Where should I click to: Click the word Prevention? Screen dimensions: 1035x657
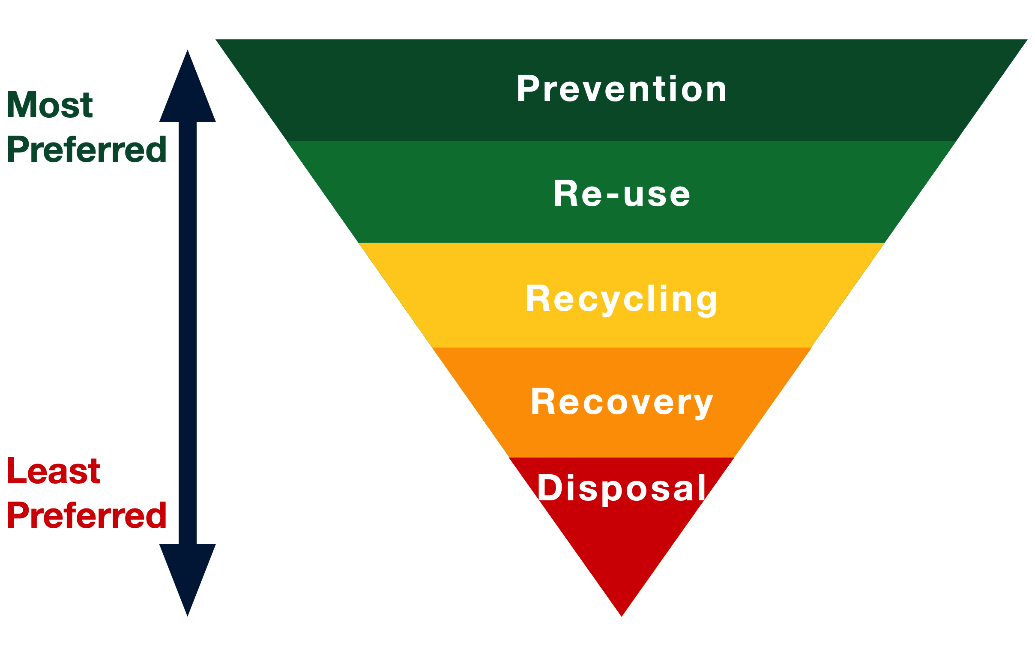pyautogui.click(x=621, y=89)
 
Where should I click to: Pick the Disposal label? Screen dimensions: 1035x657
pyautogui.click(x=621, y=489)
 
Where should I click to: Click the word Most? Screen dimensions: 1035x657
pyautogui.click(x=50, y=104)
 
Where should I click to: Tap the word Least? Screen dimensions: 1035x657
pyautogui.click(x=54, y=471)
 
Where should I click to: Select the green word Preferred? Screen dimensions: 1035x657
pyautogui.click(x=87, y=149)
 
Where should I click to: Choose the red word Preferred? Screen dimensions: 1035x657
pyautogui.click(x=87, y=515)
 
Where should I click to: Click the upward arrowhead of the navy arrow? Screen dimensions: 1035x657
pyautogui.click(x=187, y=86)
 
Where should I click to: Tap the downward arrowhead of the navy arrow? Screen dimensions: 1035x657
pyautogui.click(x=187, y=580)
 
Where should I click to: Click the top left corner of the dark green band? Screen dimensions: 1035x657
pyautogui.click(x=215, y=39)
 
